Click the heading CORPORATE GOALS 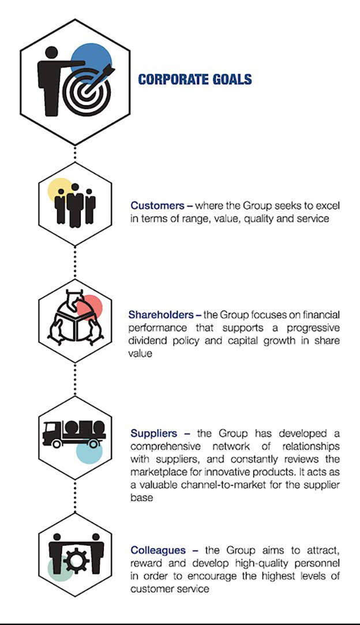pyautogui.click(x=195, y=80)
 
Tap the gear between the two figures pyautogui.click(x=74, y=560)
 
